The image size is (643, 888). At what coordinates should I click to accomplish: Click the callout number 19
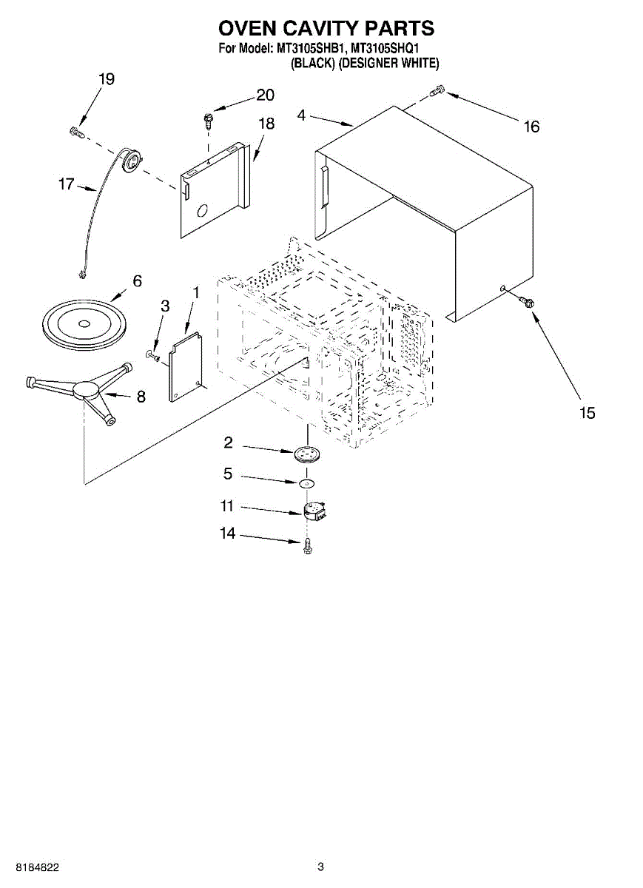coord(107,79)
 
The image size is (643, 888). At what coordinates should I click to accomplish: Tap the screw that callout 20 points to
coord(208,121)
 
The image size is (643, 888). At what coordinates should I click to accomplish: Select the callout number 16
coord(531,127)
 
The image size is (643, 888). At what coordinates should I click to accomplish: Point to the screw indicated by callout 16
coord(437,90)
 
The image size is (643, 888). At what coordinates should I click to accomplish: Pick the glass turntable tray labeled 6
coord(84,324)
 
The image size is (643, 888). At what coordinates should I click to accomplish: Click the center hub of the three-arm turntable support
coord(86,390)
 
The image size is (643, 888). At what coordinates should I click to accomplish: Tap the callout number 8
coord(141,397)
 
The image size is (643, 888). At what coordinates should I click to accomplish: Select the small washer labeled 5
coord(306,483)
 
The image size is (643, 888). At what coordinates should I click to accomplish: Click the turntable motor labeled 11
coord(314,511)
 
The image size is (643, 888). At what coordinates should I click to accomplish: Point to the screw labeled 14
coord(307,547)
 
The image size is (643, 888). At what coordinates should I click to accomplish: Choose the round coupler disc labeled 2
coord(307,454)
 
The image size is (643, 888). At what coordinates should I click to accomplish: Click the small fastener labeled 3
coord(153,356)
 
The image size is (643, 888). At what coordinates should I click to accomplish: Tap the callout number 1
coord(195,292)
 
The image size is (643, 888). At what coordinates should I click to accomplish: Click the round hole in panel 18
coord(202,210)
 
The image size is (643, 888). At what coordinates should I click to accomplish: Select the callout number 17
coord(66,184)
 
